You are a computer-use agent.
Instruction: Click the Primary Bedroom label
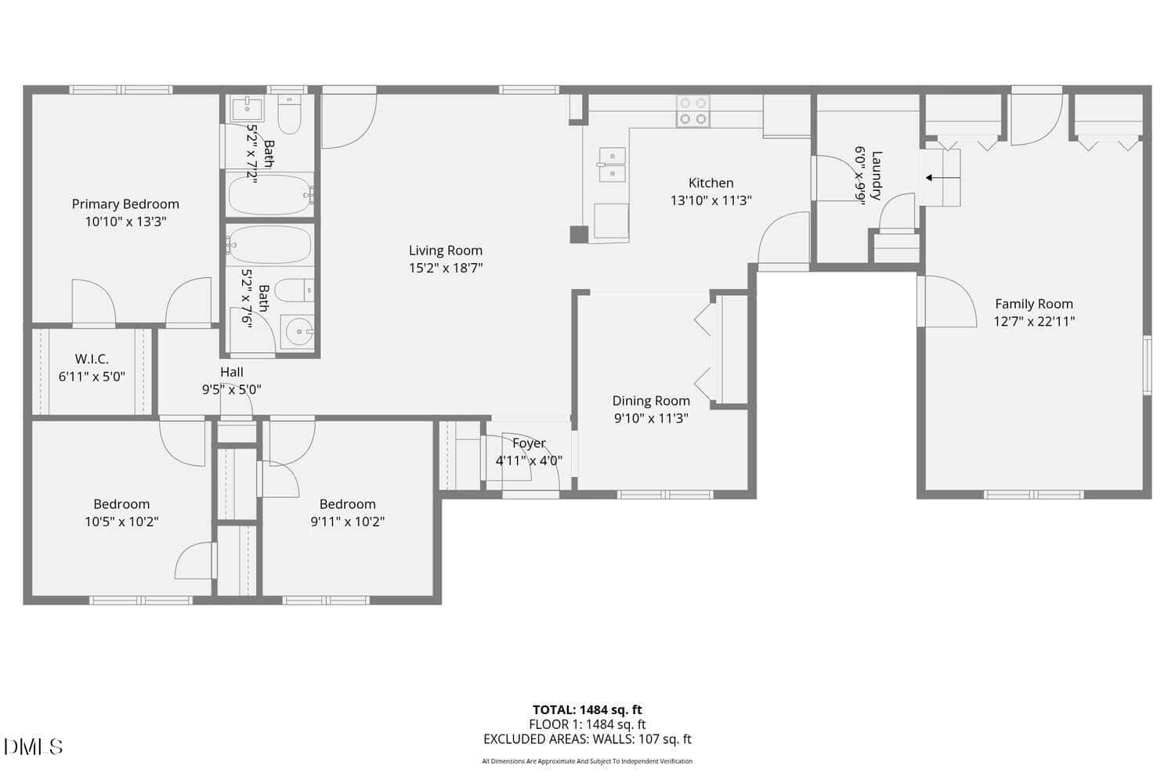click(x=125, y=204)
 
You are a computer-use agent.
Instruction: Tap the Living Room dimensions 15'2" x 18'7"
click(x=446, y=268)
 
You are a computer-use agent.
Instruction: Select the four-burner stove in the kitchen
click(x=693, y=111)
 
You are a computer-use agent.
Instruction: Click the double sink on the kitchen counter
click(x=612, y=164)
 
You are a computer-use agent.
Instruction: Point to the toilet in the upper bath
click(x=289, y=114)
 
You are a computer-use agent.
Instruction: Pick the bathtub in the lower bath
click(x=269, y=245)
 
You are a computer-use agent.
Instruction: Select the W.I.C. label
click(x=92, y=359)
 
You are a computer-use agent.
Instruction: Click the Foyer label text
click(x=529, y=443)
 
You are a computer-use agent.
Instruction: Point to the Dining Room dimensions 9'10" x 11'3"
click(x=651, y=418)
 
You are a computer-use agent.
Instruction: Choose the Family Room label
click(x=1034, y=304)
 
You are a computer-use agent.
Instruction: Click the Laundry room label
click(x=877, y=175)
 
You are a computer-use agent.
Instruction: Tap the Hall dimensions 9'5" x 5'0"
click(x=232, y=390)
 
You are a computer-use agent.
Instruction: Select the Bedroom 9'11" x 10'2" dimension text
click(x=348, y=521)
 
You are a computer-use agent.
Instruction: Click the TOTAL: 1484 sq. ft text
click(x=587, y=710)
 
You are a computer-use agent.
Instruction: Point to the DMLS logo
click(x=33, y=747)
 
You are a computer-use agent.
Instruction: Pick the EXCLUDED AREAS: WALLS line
click(x=587, y=739)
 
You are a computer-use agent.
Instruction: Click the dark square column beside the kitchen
click(x=579, y=234)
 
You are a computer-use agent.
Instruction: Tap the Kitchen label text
click(x=710, y=183)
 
